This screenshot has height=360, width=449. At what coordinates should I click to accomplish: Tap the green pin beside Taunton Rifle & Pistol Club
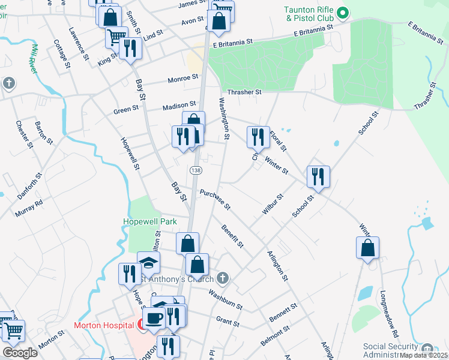(343, 12)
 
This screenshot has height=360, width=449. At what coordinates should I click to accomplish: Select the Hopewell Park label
(150, 221)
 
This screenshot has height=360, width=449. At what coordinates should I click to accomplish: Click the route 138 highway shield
(196, 171)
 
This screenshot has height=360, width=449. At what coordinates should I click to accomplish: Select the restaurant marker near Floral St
(258, 137)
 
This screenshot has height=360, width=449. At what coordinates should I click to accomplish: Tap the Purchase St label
(215, 200)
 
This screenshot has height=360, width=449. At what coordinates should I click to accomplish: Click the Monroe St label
(183, 78)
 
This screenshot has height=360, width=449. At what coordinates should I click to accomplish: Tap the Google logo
(20, 352)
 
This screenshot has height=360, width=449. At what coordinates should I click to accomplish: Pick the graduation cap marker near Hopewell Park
(148, 262)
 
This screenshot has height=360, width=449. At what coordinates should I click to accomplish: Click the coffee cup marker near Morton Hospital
(153, 317)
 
